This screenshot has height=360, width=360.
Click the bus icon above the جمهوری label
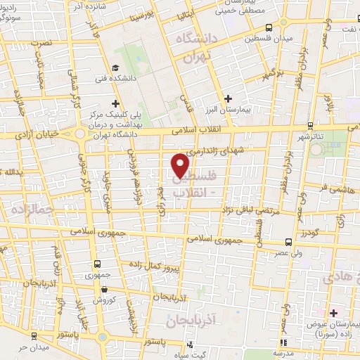tap(97, 265)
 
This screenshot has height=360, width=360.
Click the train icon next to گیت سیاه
tap(191, 345)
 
